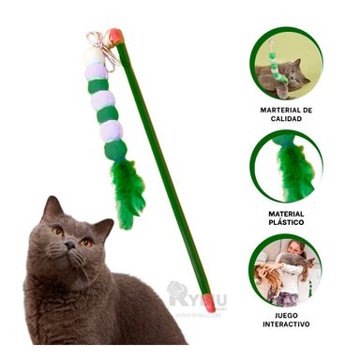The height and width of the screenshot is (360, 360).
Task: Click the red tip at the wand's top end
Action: pyautogui.click(x=115, y=37)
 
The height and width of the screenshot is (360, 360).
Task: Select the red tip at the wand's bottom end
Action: pyautogui.click(x=208, y=302)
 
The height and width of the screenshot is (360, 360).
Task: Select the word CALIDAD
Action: pyautogui.click(x=286, y=119)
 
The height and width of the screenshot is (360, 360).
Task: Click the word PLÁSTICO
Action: pyautogui.click(x=286, y=223)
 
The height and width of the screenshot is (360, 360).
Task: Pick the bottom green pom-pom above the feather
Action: pyautogui.click(x=115, y=150)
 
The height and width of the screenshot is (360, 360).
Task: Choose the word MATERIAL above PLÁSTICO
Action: pyautogui.click(x=286, y=213)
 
